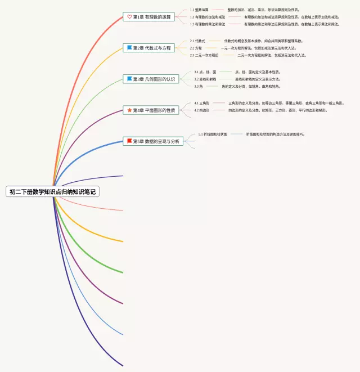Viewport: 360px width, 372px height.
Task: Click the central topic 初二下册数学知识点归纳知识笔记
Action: pyautogui.click(x=52, y=192)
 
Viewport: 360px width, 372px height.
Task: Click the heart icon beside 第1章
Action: pyautogui.click(x=129, y=17)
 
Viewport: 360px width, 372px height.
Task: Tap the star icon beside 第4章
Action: pyautogui.click(x=129, y=110)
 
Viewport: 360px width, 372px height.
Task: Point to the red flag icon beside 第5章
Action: pyautogui.click(x=129, y=141)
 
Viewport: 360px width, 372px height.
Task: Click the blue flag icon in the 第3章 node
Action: pyautogui.click(x=129, y=79)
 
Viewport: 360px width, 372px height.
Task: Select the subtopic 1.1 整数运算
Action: pyautogui.click(x=199, y=10)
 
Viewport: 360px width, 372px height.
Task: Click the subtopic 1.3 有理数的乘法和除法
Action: pyautogui.click(x=208, y=25)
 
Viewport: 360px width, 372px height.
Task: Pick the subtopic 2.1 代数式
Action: pyautogui.click(x=197, y=41)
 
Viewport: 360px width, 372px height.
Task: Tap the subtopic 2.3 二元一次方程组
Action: pyautogui.click(x=204, y=56)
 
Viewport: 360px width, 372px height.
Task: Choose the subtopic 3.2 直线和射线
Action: pyautogui.click(x=205, y=79)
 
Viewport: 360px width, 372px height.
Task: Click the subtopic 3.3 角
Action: pyautogui.click(x=199, y=87)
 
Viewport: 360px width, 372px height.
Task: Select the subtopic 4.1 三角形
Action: pyautogui.click(x=202, y=104)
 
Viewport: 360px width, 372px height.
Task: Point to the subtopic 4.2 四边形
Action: pyautogui.click(x=202, y=111)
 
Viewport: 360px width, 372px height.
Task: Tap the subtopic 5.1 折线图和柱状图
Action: pyautogui.click(x=213, y=135)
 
